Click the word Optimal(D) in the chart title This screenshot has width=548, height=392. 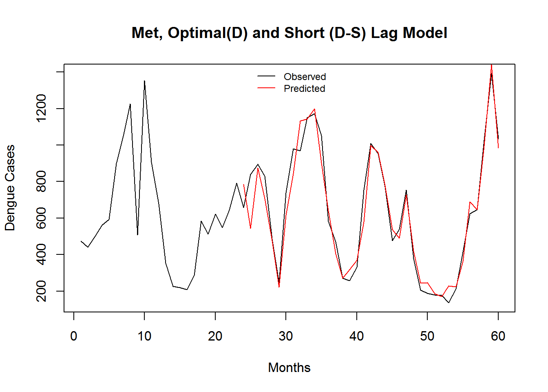[x=208, y=33]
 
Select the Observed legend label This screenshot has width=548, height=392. [x=305, y=77]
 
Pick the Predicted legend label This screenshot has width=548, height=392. [x=304, y=89]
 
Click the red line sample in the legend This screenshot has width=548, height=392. [x=266, y=88]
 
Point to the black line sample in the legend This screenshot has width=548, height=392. [x=266, y=76]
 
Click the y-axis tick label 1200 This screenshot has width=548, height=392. [x=41, y=108]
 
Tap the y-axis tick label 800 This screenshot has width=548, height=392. [x=41, y=181]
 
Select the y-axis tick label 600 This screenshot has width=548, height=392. [x=41, y=218]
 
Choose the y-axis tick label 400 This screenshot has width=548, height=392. [x=41, y=254]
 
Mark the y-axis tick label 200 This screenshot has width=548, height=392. [x=41, y=291]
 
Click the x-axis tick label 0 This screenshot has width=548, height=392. [x=74, y=336]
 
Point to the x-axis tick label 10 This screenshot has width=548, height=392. [x=144, y=336]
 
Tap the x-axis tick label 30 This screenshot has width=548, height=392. [x=286, y=336]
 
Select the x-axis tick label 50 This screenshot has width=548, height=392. [x=427, y=336]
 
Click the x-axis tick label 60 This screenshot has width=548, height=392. [x=498, y=336]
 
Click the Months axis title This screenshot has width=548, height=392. [x=289, y=367]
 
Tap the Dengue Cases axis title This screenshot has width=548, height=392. [x=10, y=188]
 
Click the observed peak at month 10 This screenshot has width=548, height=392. [x=144, y=81]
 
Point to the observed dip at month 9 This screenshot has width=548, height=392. [x=137, y=234]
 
